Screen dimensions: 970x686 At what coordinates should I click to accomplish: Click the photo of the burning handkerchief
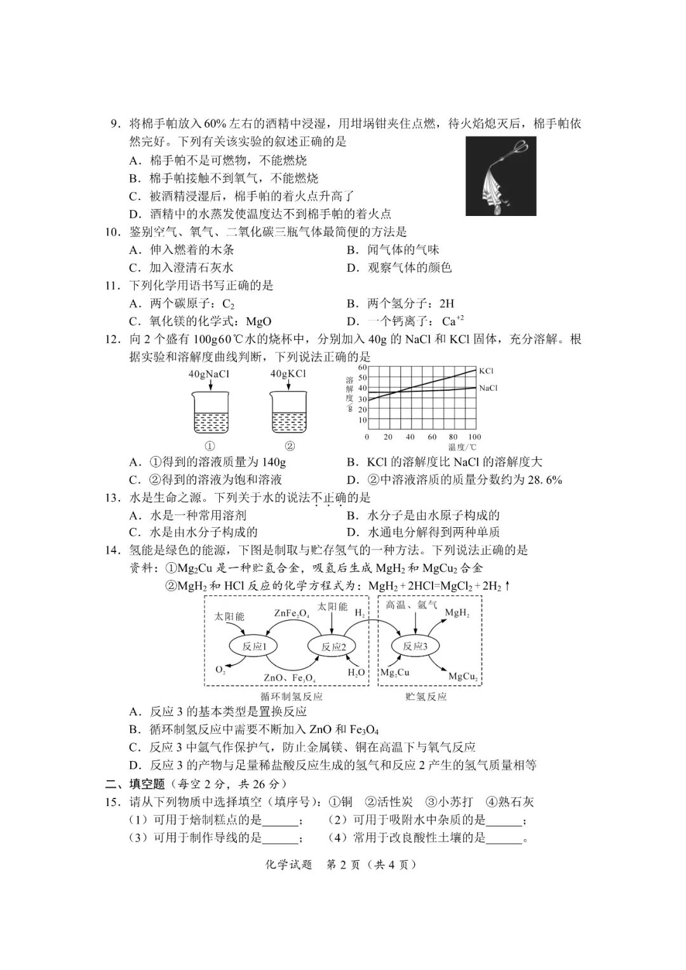tap(501, 176)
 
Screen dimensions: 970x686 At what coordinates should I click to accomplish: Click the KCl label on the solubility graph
tap(487, 371)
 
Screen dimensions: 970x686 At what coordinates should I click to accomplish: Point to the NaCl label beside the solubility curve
tap(488, 388)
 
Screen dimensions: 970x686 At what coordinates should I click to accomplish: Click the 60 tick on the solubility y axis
tap(362, 367)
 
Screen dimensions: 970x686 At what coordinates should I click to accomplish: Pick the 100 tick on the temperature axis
tap(474, 437)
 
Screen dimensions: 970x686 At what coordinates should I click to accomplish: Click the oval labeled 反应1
tap(252, 647)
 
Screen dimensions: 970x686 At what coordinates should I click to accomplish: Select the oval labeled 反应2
tap(333, 647)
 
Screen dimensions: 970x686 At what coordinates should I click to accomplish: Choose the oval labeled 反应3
tap(415, 647)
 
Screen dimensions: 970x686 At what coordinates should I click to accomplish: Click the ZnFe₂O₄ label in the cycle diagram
tap(292, 614)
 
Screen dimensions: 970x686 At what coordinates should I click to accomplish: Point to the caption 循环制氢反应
tap(292, 696)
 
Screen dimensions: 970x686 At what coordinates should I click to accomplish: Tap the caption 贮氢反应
tap(426, 696)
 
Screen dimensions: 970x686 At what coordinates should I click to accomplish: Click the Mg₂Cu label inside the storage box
tap(395, 673)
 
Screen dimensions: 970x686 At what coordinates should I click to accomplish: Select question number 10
tap(112, 232)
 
